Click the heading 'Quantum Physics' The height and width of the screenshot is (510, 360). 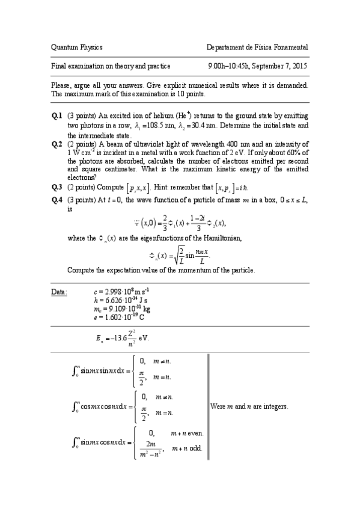[x=77, y=47]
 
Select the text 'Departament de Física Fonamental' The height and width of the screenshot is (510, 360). [x=257, y=47]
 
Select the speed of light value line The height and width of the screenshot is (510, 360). [x=121, y=292]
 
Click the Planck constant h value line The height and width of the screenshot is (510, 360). [x=118, y=300]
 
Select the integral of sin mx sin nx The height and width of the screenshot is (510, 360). [x=103, y=370]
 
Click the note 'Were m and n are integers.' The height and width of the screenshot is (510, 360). [x=249, y=407]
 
